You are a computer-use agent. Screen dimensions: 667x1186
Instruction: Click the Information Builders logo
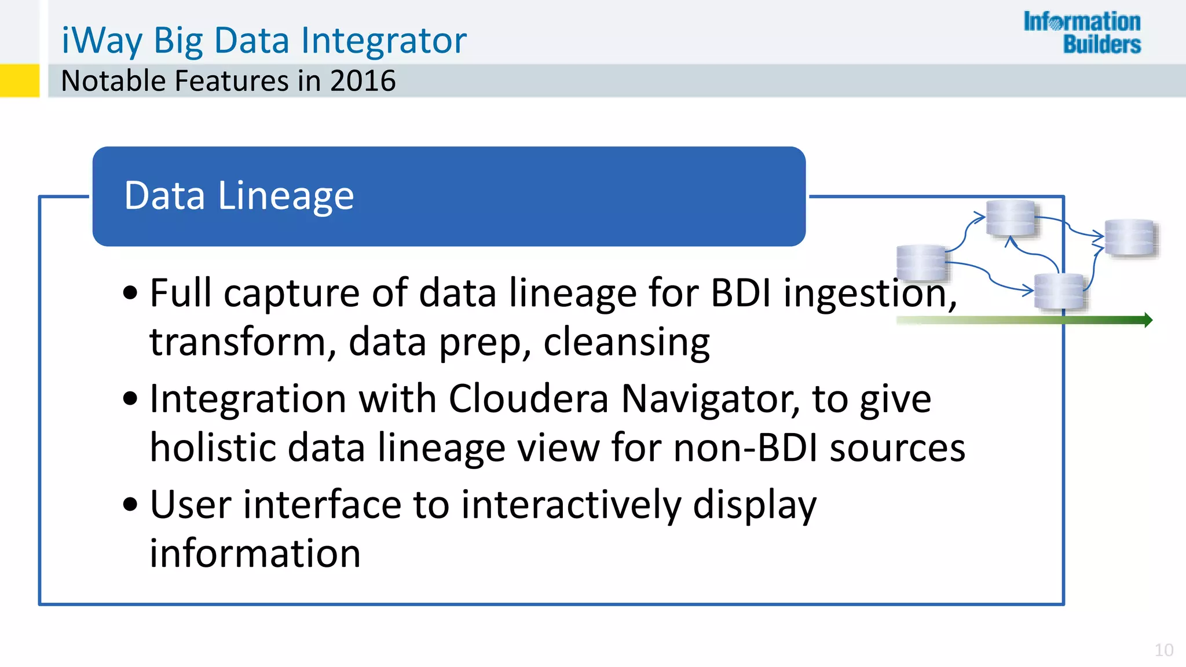(x=1082, y=32)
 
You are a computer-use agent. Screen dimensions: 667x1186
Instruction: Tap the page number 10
(x=1163, y=650)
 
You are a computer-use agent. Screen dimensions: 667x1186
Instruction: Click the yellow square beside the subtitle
(x=19, y=80)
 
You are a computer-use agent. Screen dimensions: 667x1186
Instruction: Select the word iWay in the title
(x=102, y=41)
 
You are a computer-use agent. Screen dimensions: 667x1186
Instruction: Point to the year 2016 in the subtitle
(x=363, y=80)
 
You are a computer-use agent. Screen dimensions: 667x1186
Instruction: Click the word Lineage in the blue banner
(x=285, y=196)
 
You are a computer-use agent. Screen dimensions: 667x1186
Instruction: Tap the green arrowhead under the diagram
(x=1148, y=320)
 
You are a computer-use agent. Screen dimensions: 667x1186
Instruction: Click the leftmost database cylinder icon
(x=921, y=263)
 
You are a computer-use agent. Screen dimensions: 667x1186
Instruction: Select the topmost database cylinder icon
(x=1011, y=218)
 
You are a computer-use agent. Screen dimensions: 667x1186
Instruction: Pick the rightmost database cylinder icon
(x=1130, y=237)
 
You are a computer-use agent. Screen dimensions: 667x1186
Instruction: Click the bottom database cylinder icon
(x=1059, y=291)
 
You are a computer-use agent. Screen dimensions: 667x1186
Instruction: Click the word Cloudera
(x=528, y=399)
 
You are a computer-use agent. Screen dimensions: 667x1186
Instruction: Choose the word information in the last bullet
(x=255, y=554)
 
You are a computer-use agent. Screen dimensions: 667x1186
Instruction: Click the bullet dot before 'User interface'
(x=130, y=504)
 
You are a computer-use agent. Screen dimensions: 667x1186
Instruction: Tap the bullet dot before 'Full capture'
(x=130, y=293)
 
